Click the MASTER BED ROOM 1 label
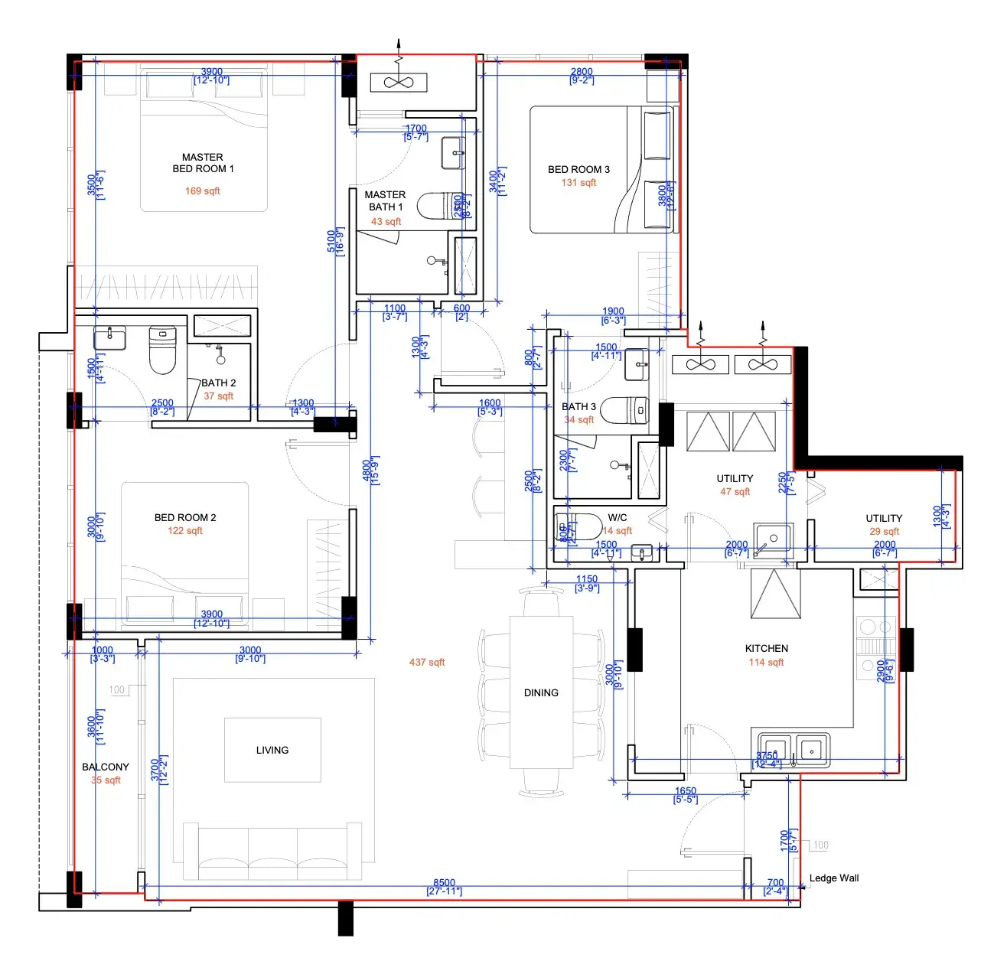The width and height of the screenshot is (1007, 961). click(x=203, y=163)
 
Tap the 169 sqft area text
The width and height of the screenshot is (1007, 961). click(x=202, y=191)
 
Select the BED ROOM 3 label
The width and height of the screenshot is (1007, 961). click(x=578, y=169)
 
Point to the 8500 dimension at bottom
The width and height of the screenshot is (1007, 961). click(x=444, y=883)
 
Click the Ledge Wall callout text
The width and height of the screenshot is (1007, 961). click(x=833, y=878)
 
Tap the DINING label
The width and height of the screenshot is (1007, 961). click(x=541, y=693)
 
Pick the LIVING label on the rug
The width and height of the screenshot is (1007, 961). click(x=272, y=751)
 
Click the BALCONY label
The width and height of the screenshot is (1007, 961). click(x=106, y=767)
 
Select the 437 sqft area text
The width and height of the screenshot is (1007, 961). click(x=427, y=663)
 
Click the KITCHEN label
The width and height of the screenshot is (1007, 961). click(x=766, y=649)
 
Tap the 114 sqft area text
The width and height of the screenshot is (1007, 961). click(x=766, y=663)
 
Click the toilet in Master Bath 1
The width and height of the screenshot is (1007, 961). click(x=439, y=206)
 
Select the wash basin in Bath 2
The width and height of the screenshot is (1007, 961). click(x=110, y=337)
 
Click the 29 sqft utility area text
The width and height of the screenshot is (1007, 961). click(x=884, y=532)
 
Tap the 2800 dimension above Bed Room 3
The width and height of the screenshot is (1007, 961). click(x=582, y=72)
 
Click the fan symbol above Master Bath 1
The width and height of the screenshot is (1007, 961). click(x=398, y=83)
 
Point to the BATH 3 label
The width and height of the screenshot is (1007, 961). click(x=578, y=407)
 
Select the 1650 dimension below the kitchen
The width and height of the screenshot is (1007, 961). click(x=685, y=791)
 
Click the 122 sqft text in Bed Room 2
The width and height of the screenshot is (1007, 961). click(x=185, y=531)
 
